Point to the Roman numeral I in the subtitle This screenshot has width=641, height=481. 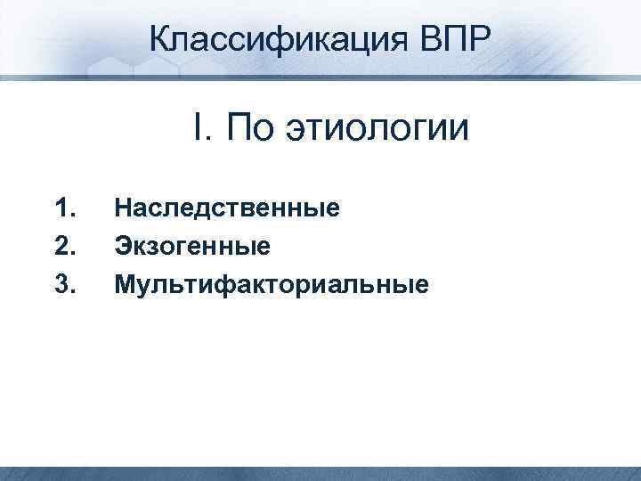pos(197,128)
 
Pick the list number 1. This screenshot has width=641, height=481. pos(63,209)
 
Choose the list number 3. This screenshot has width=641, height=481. pos(63,284)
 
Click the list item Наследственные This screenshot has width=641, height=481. pos(228,209)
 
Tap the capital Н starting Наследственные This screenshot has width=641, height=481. pos(123,209)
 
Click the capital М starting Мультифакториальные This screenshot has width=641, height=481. pos(125,284)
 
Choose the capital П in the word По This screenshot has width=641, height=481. pos(238,128)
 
